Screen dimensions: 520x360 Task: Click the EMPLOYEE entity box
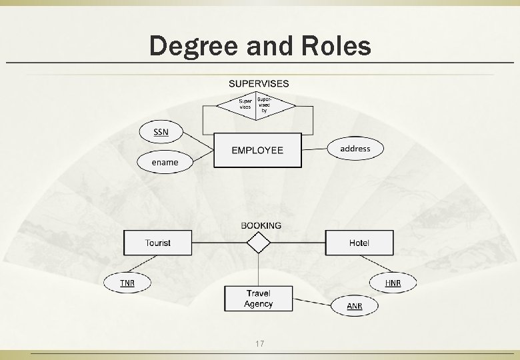point(257,150)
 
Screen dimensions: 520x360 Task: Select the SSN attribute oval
point(161,131)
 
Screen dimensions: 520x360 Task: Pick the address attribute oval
point(355,148)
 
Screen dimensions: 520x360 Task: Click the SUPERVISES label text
point(259,83)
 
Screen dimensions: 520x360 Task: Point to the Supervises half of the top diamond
point(245,105)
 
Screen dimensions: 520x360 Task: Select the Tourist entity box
point(157,243)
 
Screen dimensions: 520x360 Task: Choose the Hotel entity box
point(359,243)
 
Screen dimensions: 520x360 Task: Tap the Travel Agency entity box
point(258,299)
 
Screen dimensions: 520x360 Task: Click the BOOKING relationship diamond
point(258,243)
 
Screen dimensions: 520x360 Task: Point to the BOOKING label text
point(261,225)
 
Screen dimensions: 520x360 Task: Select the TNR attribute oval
point(127,283)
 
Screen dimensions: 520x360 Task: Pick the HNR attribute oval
point(393,283)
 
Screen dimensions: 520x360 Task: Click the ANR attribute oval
point(355,306)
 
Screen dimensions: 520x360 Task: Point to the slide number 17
point(260,344)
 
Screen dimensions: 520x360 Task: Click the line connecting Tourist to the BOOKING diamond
point(218,243)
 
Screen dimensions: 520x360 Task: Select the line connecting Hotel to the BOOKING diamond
point(298,243)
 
